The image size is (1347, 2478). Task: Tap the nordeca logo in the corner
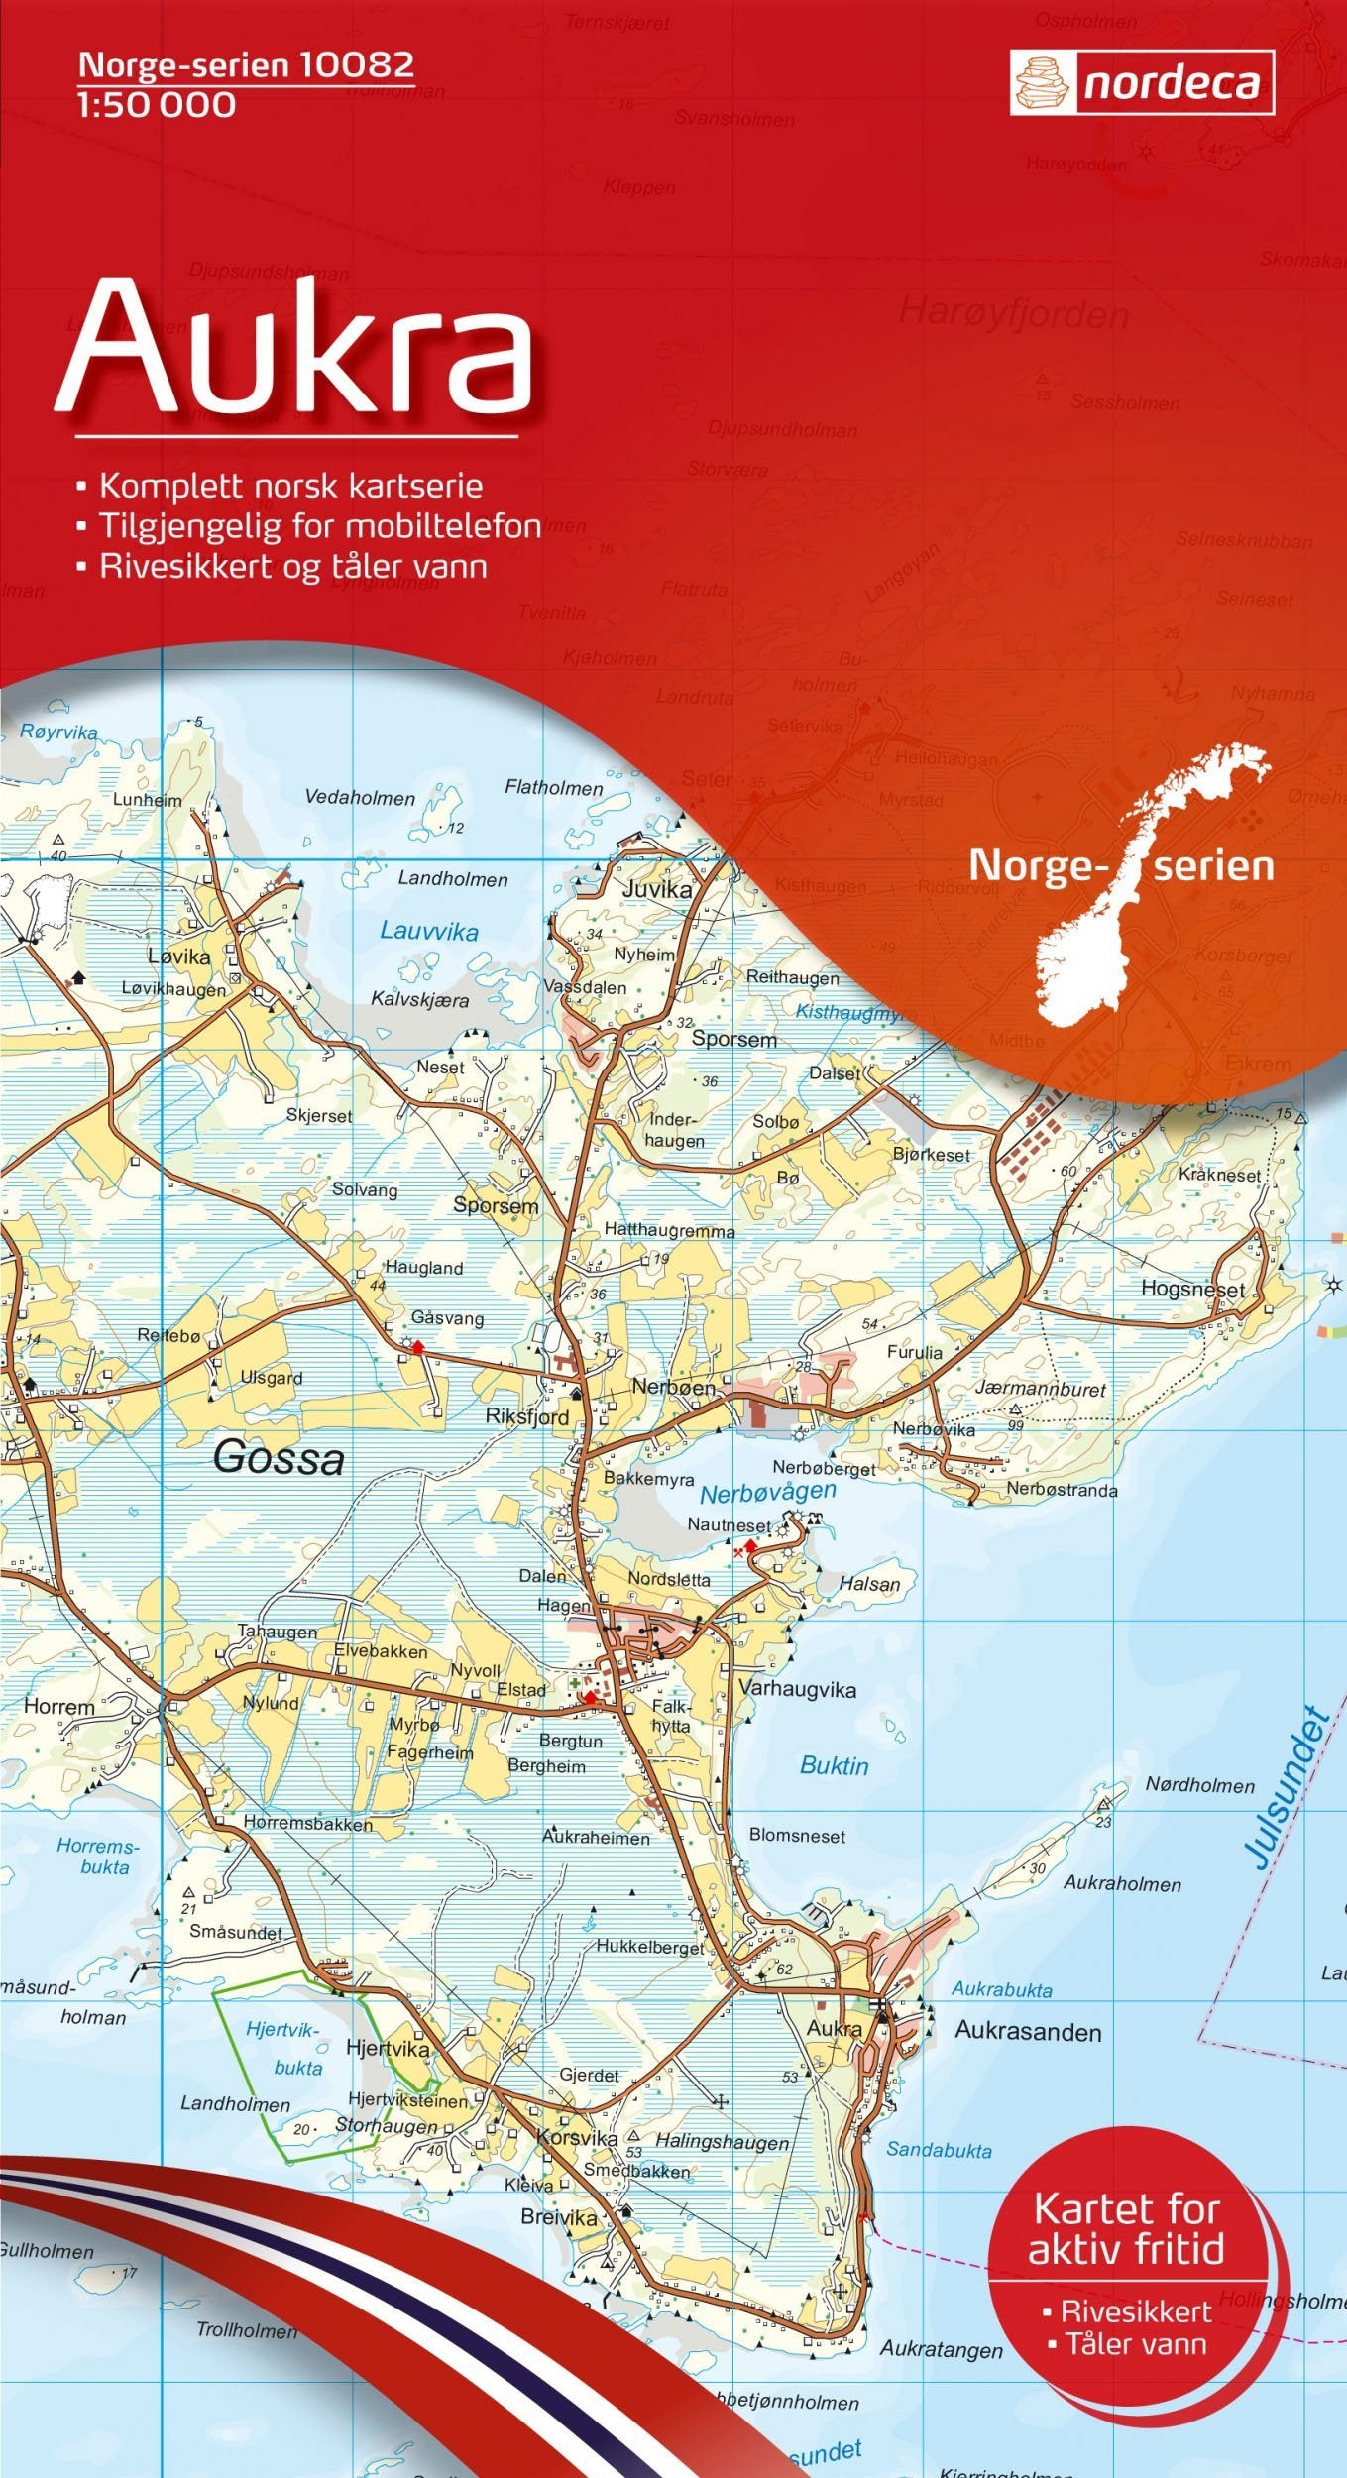1142,83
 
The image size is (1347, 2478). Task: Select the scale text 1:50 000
157,104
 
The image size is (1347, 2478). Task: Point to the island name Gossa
279,1457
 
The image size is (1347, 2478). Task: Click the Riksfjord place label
527,1416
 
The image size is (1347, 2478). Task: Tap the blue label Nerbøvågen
767,1492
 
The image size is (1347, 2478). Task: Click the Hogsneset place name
1192,1290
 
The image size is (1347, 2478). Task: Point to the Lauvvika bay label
429,931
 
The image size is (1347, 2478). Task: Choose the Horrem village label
58,1707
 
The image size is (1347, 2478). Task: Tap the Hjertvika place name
388,2048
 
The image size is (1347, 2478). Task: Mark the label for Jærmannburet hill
1040,1389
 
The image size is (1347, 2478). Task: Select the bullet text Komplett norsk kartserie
290,486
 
